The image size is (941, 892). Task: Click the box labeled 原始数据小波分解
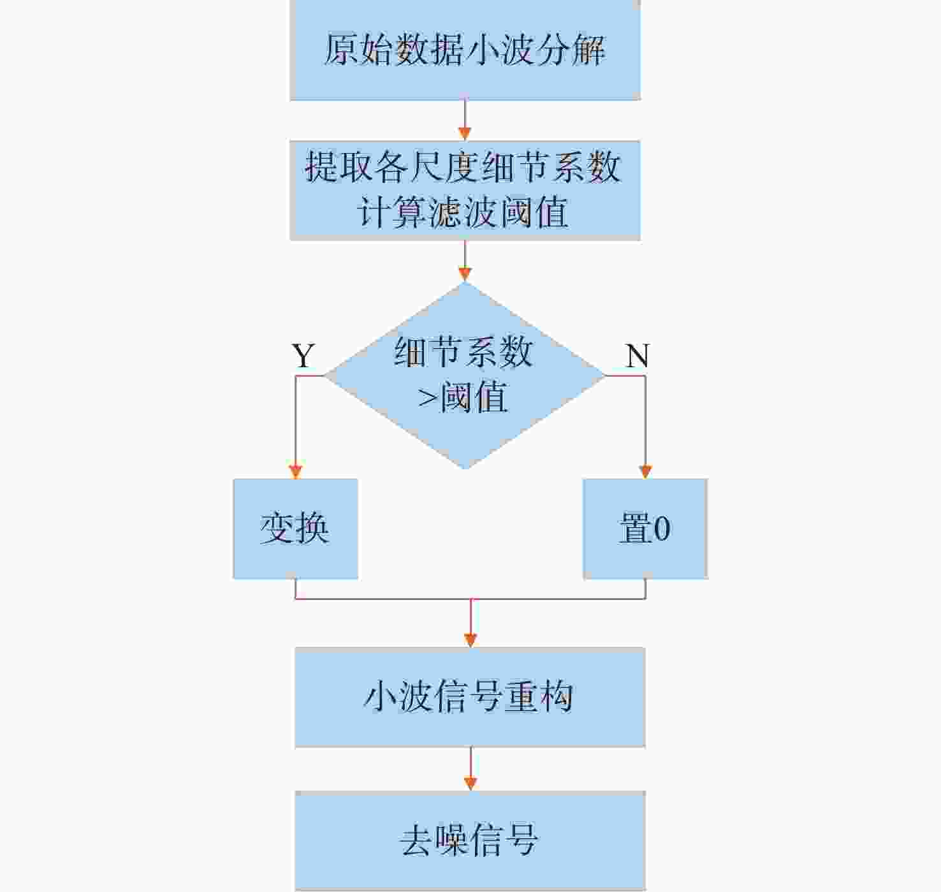click(465, 49)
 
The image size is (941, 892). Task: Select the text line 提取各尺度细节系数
click(463, 166)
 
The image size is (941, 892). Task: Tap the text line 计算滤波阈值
click(463, 211)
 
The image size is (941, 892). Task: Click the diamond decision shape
click(465, 375)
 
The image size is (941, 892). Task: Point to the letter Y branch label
click(303, 356)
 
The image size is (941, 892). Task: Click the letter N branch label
click(637, 356)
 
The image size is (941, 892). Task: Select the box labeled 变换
click(295, 529)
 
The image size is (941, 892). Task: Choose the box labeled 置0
click(645, 529)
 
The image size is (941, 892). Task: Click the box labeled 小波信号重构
click(470, 697)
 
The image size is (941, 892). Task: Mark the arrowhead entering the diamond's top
click(465, 274)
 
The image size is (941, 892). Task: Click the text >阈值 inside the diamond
click(462, 397)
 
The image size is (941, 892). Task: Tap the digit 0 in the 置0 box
click(662, 529)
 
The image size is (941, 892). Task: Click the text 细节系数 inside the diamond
click(463, 352)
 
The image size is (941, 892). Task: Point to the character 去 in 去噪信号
click(416, 840)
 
